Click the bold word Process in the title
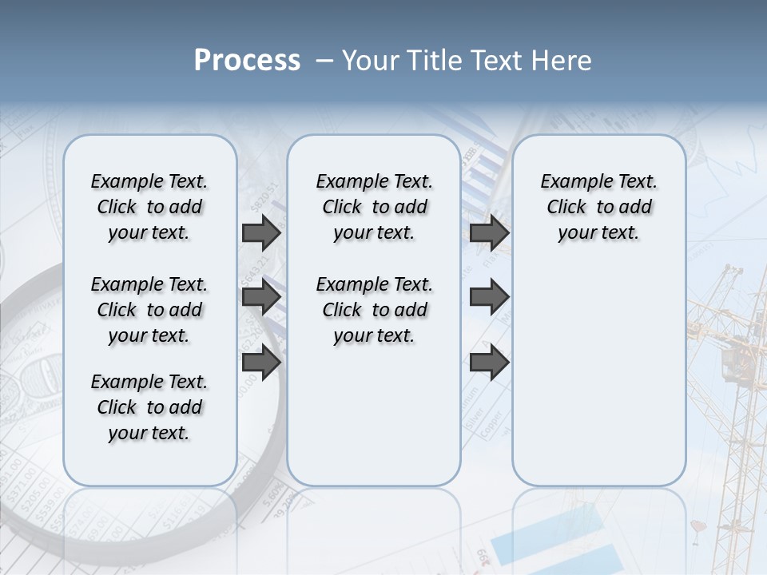247,61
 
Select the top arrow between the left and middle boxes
261,232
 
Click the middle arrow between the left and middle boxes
261,298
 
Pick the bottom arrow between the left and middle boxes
261,362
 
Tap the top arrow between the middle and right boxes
490,232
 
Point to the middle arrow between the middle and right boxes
490,298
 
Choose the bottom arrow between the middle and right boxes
490,362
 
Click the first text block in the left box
149,207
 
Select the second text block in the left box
149,310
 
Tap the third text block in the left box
149,407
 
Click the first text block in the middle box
374,207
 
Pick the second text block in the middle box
374,310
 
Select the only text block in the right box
598,207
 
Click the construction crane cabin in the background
733,363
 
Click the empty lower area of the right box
598,383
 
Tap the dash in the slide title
324,61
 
